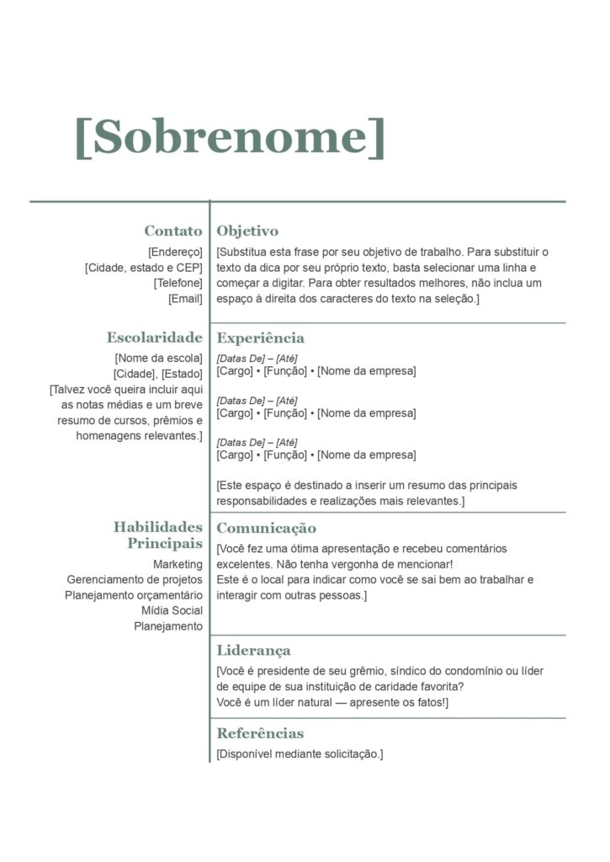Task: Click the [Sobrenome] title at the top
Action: point(230,136)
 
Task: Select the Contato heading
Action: point(172,231)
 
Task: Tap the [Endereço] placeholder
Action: point(175,252)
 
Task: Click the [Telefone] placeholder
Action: point(178,283)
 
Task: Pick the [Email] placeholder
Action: point(185,298)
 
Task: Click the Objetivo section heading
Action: point(247,231)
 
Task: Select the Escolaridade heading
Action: point(154,338)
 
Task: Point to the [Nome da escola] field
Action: point(161,359)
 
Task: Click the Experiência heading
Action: point(261,338)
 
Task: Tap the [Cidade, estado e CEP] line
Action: point(144,268)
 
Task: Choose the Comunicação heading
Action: point(267,528)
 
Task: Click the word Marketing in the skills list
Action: point(178,564)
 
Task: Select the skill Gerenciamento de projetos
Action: point(135,579)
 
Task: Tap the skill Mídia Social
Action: point(172,610)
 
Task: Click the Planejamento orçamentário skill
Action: point(134,595)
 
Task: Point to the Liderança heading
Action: point(254,650)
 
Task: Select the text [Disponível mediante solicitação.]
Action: point(300,753)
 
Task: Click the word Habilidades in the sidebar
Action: point(158,527)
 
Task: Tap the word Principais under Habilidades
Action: point(165,544)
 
